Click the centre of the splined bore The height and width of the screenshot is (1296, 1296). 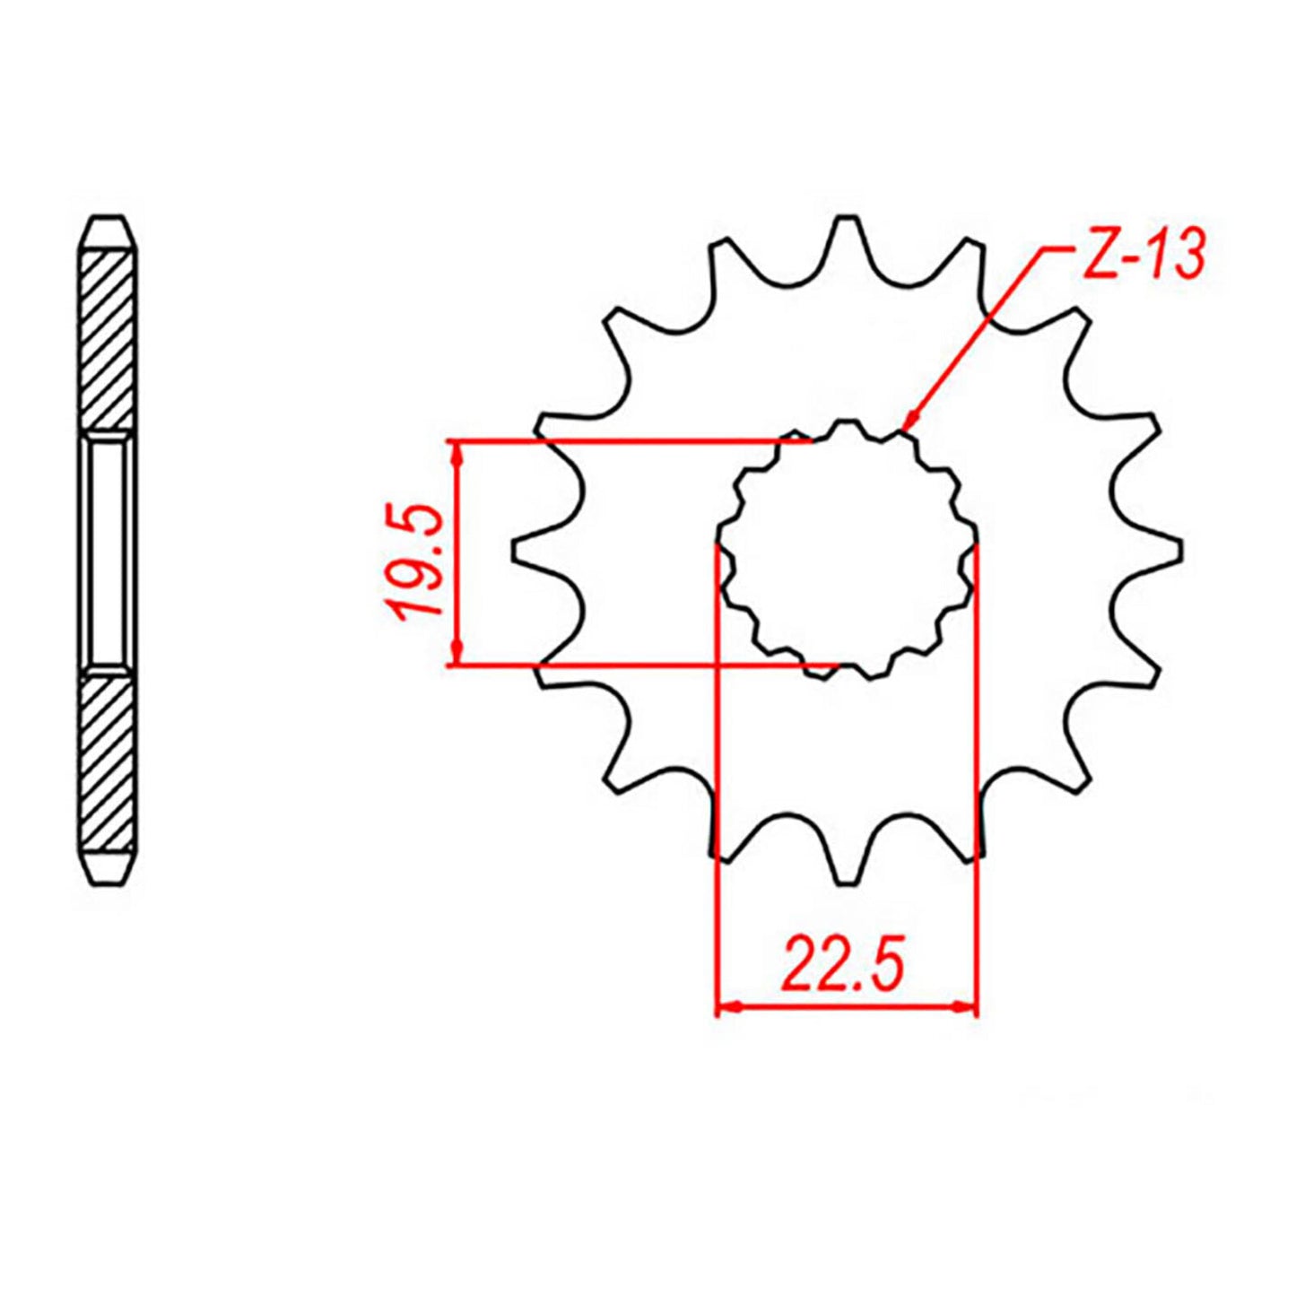point(848,550)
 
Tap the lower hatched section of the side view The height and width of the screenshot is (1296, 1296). point(109,762)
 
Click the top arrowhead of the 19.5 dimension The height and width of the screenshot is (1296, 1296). point(458,452)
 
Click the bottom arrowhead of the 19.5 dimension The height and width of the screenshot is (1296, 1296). point(458,654)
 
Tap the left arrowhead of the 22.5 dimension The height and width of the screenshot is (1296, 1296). point(727,1007)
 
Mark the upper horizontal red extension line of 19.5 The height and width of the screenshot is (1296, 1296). point(628,440)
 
